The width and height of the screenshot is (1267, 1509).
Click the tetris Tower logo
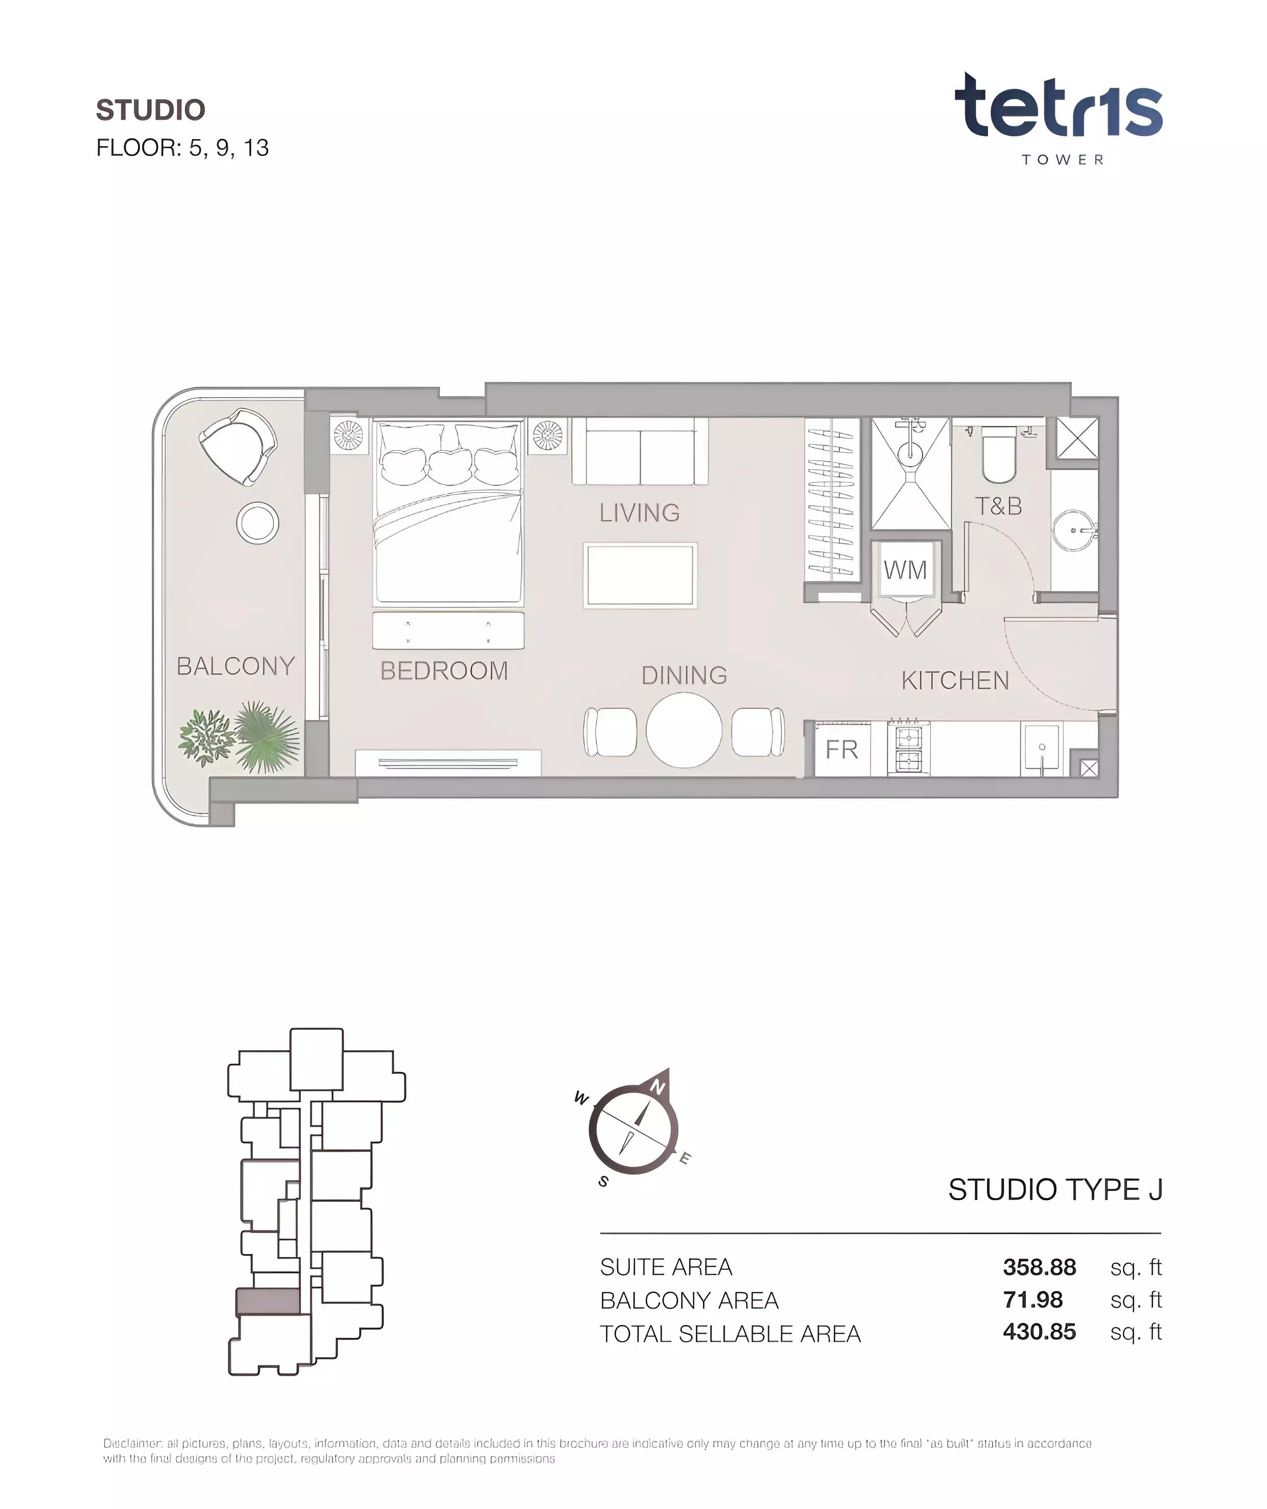tap(1058, 119)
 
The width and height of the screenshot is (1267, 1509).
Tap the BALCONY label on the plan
tap(236, 666)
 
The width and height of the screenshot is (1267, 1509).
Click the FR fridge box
tap(842, 749)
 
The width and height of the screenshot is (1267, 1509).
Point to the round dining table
tap(684, 730)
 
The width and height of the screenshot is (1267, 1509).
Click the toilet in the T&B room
tap(998, 455)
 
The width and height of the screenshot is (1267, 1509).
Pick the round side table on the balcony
tap(258, 523)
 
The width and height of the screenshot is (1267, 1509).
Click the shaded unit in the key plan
tap(268, 1301)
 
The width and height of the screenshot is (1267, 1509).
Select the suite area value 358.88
tap(1039, 1267)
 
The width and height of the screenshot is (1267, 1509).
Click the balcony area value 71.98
tap(1033, 1299)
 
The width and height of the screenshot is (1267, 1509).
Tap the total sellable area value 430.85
tap(1039, 1332)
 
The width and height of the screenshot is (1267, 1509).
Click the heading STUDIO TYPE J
tap(1055, 1189)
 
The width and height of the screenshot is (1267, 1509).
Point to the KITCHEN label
tap(955, 680)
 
